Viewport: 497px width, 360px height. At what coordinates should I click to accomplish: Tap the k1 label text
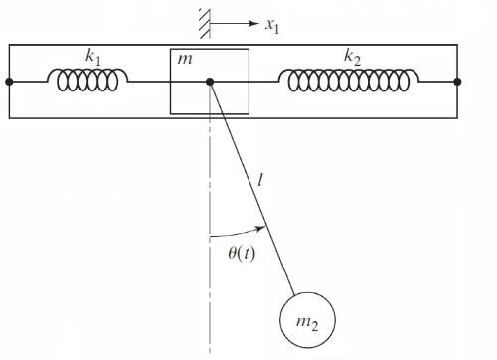coord(93,58)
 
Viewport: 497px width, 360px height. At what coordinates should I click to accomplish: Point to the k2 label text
coord(352,58)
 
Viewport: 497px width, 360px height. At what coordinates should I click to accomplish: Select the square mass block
coord(229,99)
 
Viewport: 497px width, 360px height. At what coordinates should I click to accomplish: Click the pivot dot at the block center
coord(210,82)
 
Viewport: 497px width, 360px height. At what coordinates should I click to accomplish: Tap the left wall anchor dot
coord(8,82)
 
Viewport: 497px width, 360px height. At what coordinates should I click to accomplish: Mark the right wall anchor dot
coord(457,82)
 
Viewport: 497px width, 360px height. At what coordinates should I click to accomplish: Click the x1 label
coord(271,24)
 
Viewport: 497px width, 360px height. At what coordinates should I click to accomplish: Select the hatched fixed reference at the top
coord(203,19)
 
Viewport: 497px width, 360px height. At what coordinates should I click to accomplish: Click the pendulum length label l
coord(260,181)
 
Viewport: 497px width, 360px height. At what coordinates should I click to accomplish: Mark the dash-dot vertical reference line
coord(210,298)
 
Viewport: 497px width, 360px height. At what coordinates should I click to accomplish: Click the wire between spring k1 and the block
coord(149,82)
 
